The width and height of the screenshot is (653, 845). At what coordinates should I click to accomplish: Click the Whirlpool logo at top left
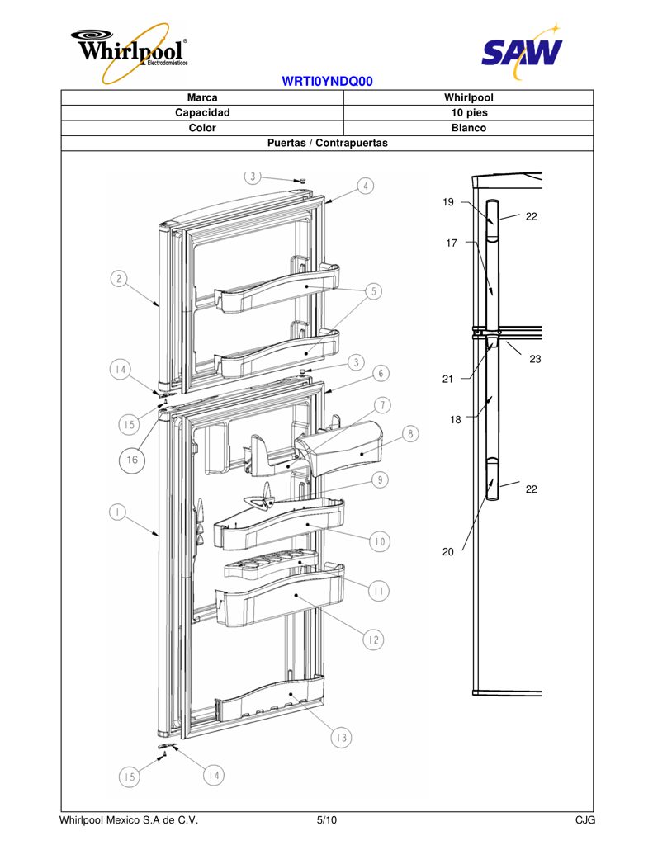click(x=130, y=52)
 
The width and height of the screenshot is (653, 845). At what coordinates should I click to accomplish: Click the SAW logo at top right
click(x=522, y=52)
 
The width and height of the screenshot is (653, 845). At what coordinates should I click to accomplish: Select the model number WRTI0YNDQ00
click(x=327, y=82)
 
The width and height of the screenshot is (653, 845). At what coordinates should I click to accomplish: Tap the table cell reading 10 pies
click(x=469, y=112)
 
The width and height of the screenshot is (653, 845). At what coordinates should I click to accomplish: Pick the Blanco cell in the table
click(x=469, y=128)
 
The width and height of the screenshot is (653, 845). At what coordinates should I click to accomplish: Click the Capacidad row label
click(x=202, y=112)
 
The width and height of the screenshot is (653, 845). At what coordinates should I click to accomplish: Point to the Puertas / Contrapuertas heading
click(x=327, y=143)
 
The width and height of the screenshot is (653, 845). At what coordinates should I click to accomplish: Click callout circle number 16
click(x=132, y=460)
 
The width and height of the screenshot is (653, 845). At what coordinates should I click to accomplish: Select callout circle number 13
click(x=341, y=737)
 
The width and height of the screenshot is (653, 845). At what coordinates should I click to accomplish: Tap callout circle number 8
click(x=410, y=433)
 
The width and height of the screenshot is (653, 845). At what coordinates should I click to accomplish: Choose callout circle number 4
click(x=366, y=186)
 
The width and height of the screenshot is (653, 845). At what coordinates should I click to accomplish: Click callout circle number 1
click(x=117, y=512)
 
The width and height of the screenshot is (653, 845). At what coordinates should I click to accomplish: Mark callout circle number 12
click(x=373, y=640)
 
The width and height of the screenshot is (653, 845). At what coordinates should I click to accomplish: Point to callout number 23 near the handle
click(x=535, y=359)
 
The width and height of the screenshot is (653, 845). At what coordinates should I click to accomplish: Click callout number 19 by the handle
click(x=448, y=202)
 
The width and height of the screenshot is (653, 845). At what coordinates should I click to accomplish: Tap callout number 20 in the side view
click(x=448, y=552)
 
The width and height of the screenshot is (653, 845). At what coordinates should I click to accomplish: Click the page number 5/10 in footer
click(x=327, y=820)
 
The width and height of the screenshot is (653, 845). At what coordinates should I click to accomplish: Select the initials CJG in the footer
click(x=585, y=820)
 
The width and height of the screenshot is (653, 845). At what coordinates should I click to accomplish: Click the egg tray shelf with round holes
click(x=271, y=563)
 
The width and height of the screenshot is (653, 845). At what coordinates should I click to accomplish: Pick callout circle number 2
click(x=119, y=279)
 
